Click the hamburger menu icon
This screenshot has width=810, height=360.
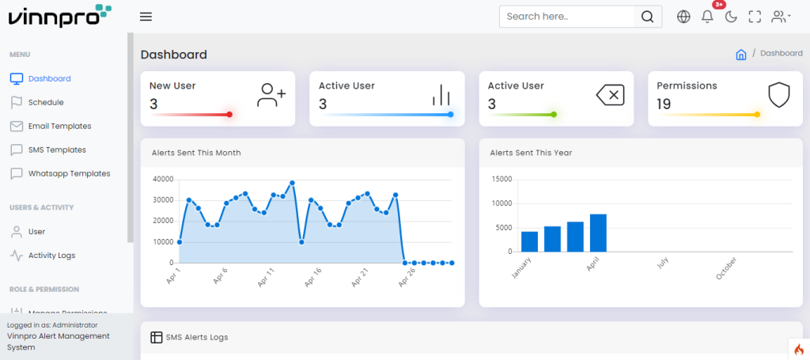pos(146,17)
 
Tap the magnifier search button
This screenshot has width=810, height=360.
pos(648,17)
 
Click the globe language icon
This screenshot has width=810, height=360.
pos(684,17)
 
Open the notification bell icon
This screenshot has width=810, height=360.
pos(707,17)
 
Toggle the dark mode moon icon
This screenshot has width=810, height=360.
pos(731,17)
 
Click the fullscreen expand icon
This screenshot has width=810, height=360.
pos(755,17)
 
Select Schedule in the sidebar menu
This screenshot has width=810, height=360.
pos(46,102)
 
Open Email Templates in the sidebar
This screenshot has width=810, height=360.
pos(59,126)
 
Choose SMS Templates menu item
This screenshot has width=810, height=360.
pos(57,150)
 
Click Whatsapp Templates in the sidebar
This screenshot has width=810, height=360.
pos(69,173)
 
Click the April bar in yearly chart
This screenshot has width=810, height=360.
pos(598,233)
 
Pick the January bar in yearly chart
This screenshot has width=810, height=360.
pos(529,241)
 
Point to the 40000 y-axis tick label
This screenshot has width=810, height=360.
pos(162,180)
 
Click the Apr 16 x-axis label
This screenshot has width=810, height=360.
pos(312,277)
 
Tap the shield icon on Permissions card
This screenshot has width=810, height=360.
pos(779,95)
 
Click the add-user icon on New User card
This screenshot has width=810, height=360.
pos(271,95)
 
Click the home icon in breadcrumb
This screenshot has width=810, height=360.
pos(741,55)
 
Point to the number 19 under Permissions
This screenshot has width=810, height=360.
pos(664,104)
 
